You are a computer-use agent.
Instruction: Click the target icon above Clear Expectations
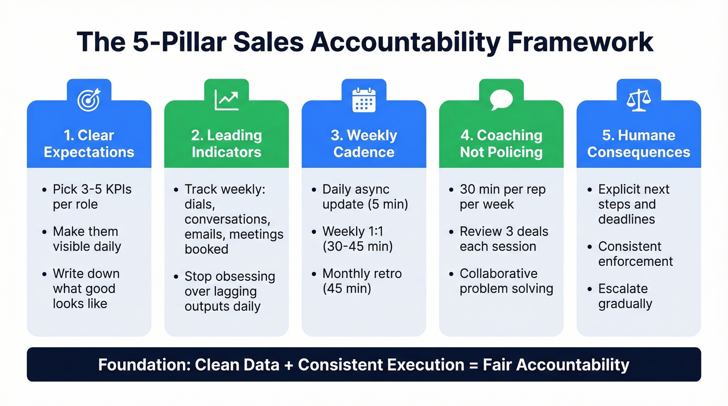88,100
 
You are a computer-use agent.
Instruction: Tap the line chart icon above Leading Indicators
226,100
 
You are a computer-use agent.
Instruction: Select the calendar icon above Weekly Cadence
363,100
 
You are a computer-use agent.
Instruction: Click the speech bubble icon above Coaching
501,100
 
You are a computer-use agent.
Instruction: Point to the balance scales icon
639,100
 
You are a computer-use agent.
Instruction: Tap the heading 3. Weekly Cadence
363,143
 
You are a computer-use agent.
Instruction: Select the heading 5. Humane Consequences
639,143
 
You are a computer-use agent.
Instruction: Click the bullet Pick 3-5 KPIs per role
92,197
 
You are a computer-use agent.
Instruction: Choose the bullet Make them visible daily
86,239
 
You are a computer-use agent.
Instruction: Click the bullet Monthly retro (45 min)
362,281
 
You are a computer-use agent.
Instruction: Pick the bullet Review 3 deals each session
503,239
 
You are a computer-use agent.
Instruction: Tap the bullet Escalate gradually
625,296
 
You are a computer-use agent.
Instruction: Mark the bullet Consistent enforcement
635,254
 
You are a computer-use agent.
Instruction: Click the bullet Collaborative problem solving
506,281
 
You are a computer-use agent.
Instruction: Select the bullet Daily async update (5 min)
365,197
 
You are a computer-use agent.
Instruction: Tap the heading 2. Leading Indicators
226,143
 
